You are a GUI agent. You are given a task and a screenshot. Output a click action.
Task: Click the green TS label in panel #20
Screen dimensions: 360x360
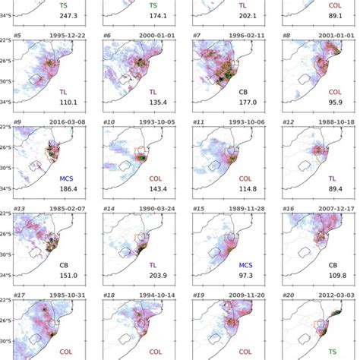(x=333, y=351)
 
